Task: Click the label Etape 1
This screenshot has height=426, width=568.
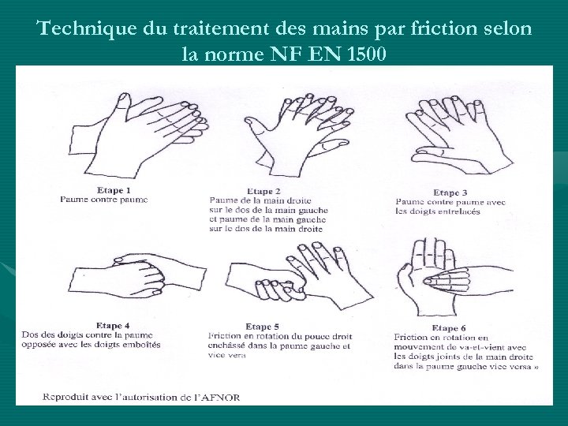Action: (x=114, y=190)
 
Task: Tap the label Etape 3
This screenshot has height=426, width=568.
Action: (x=450, y=192)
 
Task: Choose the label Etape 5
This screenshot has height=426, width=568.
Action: (x=262, y=327)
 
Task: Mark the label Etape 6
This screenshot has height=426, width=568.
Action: (x=449, y=327)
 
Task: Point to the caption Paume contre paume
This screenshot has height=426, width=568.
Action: (x=103, y=200)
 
